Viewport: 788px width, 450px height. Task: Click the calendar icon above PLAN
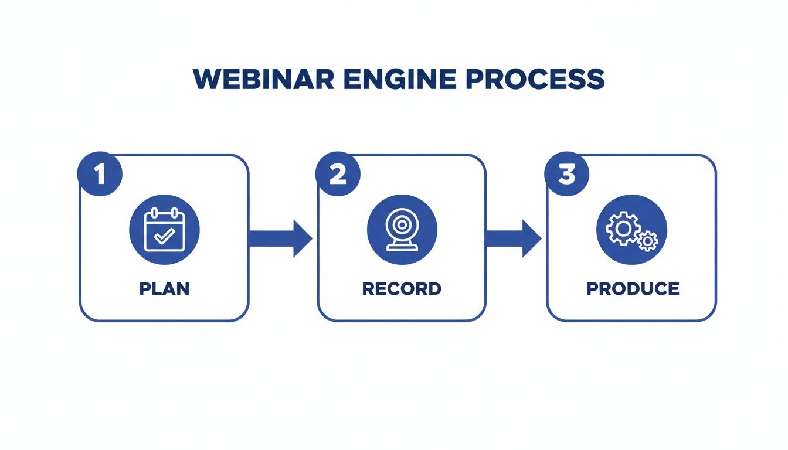coord(164,231)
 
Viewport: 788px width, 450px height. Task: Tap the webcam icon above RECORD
coord(402,231)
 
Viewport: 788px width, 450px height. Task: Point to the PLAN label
coord(164,289)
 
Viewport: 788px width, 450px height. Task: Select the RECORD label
coord(402,289)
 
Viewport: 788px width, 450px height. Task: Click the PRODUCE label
coord(633,289)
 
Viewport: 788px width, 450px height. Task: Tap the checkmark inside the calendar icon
coord(164,236)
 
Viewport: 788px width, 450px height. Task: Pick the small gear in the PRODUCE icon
coord(647,241)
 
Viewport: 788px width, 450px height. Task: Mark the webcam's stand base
coord(402,248)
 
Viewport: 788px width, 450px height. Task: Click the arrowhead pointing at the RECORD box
coord(301,238)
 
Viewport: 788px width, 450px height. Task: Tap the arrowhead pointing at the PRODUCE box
coord(531,238)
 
